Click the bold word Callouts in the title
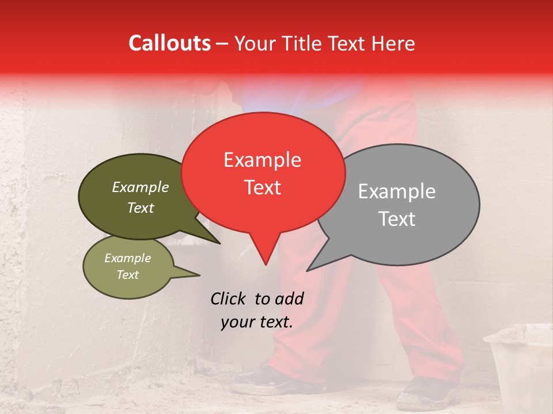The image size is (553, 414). click(x=169, y=44)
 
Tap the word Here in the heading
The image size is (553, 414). click(x=391, y=44)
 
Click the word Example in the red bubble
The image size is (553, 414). click(x=262, y=160)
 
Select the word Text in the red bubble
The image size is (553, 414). click(x=262, y=187)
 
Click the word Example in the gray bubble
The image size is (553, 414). click(x=397, y=191)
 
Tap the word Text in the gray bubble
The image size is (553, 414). click(x=397, y=219)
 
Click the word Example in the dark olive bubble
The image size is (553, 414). click(x=140, y=187)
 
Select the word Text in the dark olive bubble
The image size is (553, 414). click(x=140, y=208)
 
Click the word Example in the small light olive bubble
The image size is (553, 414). click(x=127, y=258)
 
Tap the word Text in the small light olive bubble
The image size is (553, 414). click(x=127, y=275)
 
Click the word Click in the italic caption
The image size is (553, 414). click(x=229, y=298)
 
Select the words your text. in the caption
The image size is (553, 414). click(x=257, y=323)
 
